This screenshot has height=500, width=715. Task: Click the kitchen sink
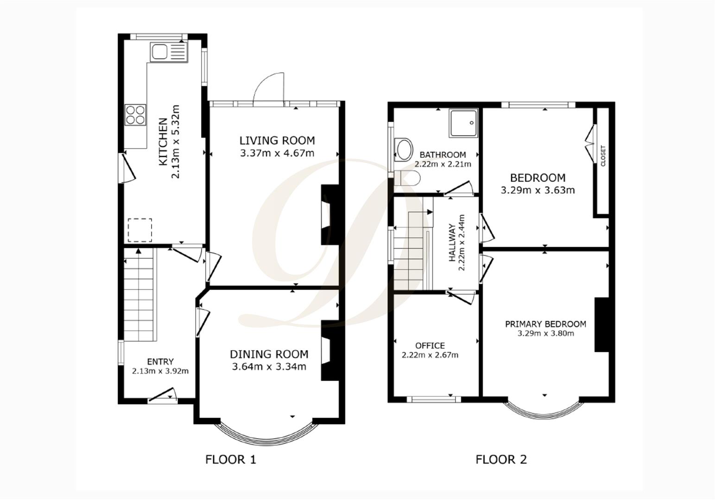pos(168,52)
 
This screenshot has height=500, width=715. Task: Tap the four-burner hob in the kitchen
pos(135,114)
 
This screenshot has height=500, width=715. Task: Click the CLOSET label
pos(603,156)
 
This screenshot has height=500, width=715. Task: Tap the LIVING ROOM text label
pos(277,140)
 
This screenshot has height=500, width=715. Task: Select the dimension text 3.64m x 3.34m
pos(269,367)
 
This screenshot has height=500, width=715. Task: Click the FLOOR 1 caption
pos(230,459)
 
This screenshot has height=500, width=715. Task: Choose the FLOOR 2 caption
pos(501,459)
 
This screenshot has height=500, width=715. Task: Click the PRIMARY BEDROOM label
pos(545,324)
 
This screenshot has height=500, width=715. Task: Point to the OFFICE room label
pos(430,346)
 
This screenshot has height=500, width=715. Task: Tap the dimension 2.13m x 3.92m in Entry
pos(160,371)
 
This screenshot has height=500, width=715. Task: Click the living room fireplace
pos(330,215)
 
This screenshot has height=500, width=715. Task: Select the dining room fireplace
pos(330,350)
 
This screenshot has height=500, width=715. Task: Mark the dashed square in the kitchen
pos(140,230)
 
